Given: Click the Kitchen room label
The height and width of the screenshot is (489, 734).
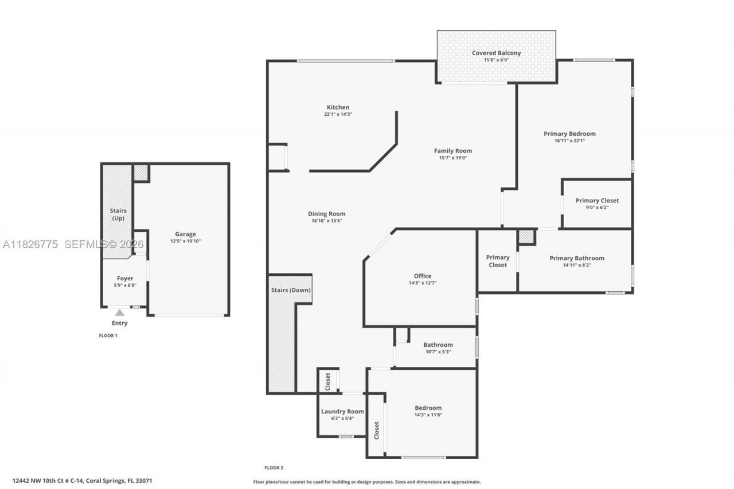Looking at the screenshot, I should (x=338, y=107).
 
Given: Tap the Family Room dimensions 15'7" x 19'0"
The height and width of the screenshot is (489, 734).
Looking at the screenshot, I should (x=452, y=158).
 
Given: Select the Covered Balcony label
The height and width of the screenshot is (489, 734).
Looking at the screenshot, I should (x=496, y=53).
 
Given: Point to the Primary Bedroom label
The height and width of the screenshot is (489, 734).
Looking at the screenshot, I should (x=569, y=134).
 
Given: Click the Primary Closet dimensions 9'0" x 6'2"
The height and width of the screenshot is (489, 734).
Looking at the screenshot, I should (x=597, y=208).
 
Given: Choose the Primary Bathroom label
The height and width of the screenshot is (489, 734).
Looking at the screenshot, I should (x=576, y=258).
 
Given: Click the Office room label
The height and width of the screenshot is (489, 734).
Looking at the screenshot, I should (x=423, y=276).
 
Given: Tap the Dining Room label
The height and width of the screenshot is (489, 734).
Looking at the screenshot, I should (x=326, y=214).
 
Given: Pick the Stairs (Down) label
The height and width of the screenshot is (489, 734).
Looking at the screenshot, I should (x=291, y=290).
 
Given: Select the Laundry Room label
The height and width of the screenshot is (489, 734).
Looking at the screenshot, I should (x=342, y=411).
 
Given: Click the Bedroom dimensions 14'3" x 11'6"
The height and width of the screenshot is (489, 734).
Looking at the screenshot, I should (x=428, y=414).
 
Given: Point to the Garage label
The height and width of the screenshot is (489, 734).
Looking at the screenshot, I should (x=185, y=234).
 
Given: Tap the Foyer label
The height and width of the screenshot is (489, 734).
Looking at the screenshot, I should (x=125, y=279).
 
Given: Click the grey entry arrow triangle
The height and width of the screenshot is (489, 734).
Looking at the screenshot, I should (x=119, y=312).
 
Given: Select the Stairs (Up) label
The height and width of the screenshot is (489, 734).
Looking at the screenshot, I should (x=118, y=214).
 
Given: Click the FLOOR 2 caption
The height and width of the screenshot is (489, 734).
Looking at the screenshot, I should (x=274, y=467).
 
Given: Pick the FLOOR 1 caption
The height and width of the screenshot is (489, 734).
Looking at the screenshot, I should (x=108, y=335).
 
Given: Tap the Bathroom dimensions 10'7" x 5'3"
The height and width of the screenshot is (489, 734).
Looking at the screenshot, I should (x=438, y=351).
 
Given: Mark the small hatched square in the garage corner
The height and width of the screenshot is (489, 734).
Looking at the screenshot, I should (x=140, y=173).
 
